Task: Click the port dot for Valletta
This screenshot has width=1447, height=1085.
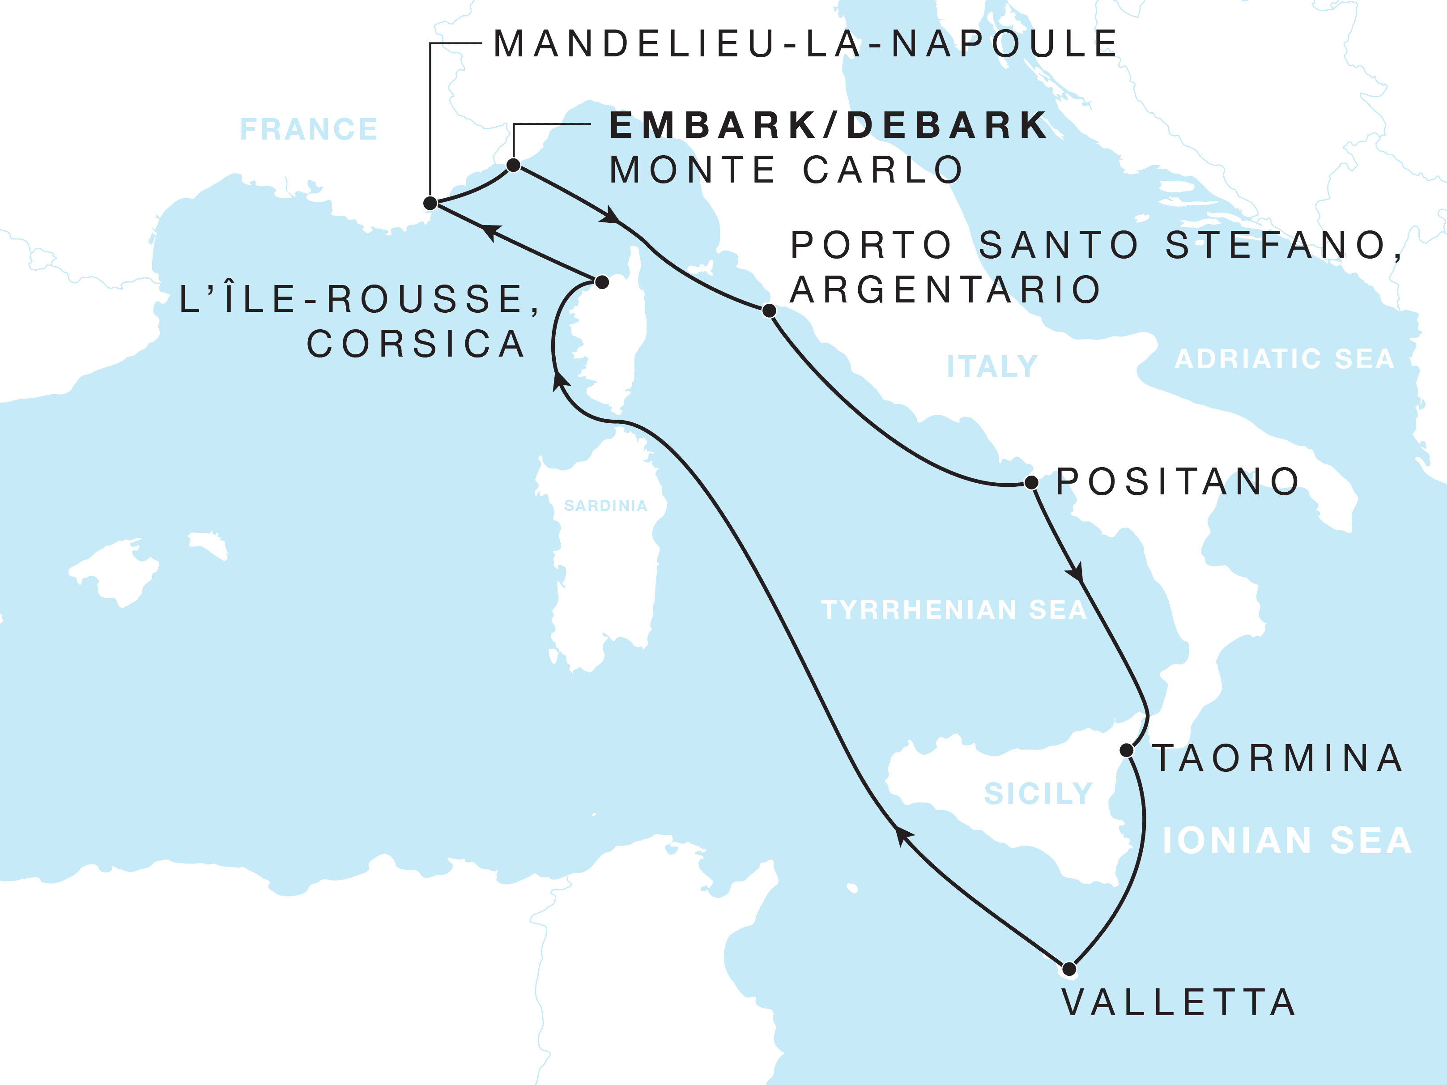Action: (x=1069, y=969)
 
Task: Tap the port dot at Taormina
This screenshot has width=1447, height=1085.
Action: (x=1127, y=750)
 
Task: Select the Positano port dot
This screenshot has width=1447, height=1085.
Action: (x=1032, y=483)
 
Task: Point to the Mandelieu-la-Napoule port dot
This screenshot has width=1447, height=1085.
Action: (x=430, y=203)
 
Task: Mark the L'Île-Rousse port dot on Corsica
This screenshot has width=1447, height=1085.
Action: (x=602, y=282)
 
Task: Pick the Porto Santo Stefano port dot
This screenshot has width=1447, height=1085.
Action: (x=769, y=310)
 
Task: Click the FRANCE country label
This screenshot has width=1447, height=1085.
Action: (x=309, y=129)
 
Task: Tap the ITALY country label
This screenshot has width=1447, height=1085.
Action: (x=992, y=366)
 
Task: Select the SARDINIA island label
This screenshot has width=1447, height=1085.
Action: (x=605, y=506)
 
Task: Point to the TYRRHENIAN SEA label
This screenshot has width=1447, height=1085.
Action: (x=954, y=609)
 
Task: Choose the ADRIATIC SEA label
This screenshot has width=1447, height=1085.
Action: (x=1284, y=359)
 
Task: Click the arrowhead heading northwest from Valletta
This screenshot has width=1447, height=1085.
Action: (x=903, y=835)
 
